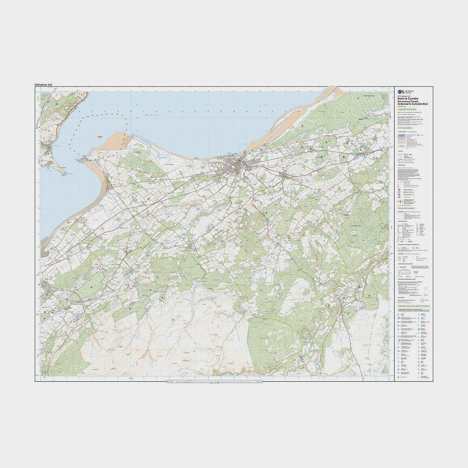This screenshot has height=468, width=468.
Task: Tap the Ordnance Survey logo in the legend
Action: pyautogui.click(x=400, y=92)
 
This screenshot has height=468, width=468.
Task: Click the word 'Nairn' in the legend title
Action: pyautogui.click(x=402, y=98)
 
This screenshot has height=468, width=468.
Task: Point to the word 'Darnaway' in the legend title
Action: pyautogui.click(x=405, y=101)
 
